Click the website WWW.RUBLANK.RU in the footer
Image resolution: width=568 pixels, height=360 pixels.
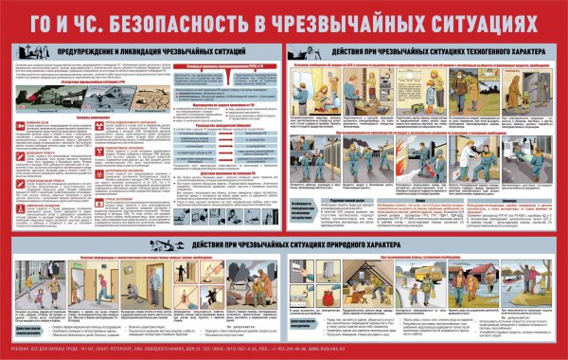point(531,349)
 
